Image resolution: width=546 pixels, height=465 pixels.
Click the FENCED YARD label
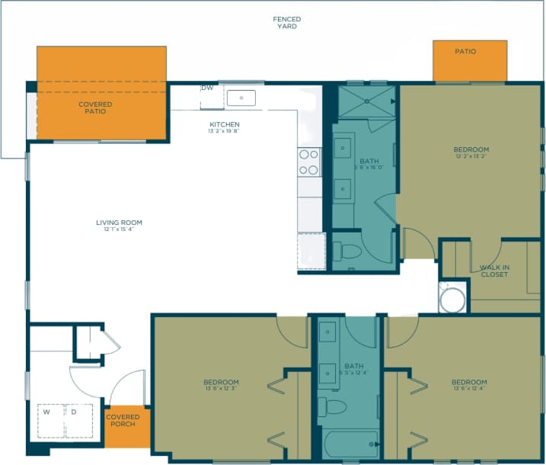(x=287, y=23)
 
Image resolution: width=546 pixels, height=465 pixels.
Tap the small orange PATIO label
(x=465, y=52)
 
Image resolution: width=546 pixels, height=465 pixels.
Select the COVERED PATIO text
(x=95, y=107)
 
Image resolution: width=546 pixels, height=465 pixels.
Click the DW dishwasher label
(x=207, y=88)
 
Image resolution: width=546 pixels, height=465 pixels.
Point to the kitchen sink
(x=243, y=98)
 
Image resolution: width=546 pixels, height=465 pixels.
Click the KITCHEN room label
(x=225, y=127)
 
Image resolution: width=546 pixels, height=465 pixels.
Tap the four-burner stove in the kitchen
(x=309, y=162)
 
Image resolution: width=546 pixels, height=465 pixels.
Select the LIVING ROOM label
(x=119, y=226)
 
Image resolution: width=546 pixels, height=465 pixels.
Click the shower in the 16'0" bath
(x=366, y=101)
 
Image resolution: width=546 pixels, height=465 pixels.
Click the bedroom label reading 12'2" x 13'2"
(x=471, y=153)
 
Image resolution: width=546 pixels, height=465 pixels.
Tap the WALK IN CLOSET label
(x=494, y=271)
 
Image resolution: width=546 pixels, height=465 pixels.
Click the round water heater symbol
(x=451, y=298)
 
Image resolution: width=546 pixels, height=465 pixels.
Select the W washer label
(x=46, y=412)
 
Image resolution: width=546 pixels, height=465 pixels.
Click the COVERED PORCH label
(x=122, y=420)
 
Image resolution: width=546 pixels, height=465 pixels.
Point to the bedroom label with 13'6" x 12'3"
(x=221, y=386)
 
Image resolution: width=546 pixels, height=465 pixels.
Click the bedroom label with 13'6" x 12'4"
(x=469, y=386)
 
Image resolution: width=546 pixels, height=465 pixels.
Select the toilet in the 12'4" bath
(x=334, y=406)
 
